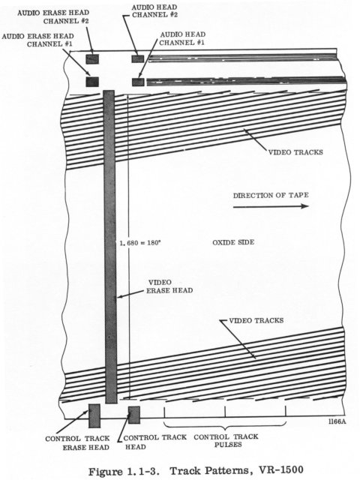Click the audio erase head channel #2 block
click(92, 58)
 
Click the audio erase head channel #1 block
click(92, 82)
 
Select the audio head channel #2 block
click(138, 58)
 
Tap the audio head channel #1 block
click(138, 82)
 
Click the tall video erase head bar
click(110, 247)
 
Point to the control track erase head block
click(94, 415)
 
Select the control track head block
click(134, 415)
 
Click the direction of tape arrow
click(271, 206)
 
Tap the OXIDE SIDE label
click(233, 242)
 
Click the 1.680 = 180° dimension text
click(140, 243)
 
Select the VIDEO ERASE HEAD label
click(169, 286)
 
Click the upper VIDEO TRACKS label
click(295, 152)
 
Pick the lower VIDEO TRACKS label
click(256, 320)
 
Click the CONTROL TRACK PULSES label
click(226, 440)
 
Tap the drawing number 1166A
click(337, 421)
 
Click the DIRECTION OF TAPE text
click(271, 195)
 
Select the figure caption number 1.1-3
click(144, 471)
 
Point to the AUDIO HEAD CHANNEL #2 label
click(154, 10)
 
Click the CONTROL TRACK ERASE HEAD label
click(77, 443)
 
